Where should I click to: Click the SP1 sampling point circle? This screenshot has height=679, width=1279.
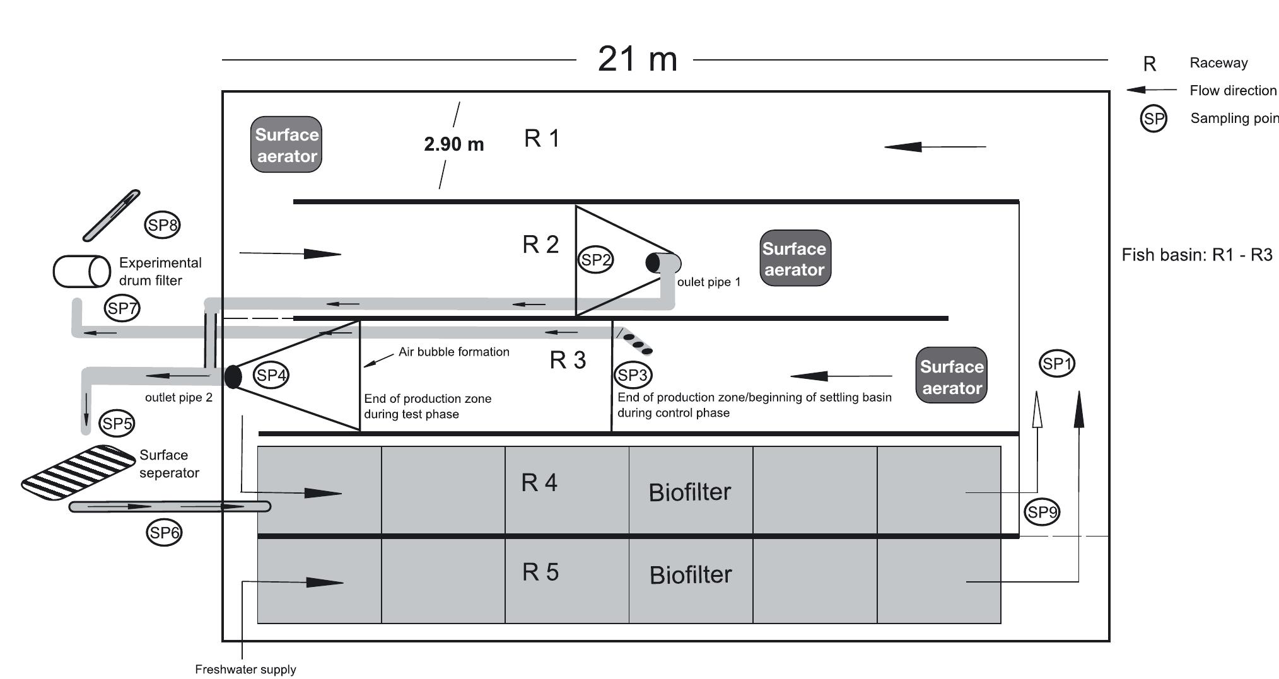tap(1056, 364)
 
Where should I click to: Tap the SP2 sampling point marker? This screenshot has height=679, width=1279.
tap(595, 260)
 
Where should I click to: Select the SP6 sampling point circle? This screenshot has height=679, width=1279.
tap(164, 533)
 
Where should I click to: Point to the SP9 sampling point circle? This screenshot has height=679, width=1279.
tap(1042, 512)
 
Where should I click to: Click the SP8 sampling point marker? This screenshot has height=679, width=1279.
tap(162, 225)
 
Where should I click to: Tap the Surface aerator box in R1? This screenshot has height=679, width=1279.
tap(286, 145)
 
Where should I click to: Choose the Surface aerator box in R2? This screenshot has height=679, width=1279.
tap(795, 258)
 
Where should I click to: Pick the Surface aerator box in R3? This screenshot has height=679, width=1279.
tap(951, 376)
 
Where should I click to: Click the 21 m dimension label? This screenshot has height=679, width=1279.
tap(637, 59)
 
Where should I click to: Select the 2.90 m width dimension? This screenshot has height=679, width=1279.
tap(453, 144)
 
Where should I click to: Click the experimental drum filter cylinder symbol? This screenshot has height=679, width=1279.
tap(82, 272)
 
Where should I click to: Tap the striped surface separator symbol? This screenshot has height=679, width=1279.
tap(78, 473)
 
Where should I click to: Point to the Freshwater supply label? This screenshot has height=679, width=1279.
tap(245, 670)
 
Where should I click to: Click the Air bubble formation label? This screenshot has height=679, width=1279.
tap(453, 352)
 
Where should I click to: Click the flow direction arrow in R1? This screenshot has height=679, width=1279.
tap(935, 147)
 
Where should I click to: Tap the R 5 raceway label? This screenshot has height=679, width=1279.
tap(540, 572)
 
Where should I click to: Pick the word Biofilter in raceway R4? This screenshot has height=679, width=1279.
tap(689, 492)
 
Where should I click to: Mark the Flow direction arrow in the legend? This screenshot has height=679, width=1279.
tap(1151, 90)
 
